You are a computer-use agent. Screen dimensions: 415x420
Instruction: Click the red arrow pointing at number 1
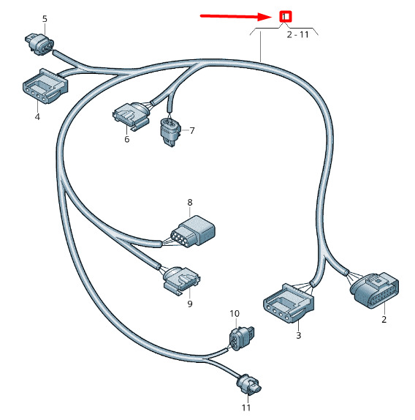click(236, 16)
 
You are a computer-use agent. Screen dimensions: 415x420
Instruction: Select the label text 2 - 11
click(297, 34)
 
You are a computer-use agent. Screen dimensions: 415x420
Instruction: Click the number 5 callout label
click(45, 19)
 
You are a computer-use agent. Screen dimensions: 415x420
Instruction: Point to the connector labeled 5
click(39, 44)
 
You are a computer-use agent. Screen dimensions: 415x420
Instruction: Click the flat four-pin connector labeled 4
click(45, 86)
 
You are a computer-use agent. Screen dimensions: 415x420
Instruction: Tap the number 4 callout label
click(37, 117)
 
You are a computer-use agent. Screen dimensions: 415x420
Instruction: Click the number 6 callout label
click(126, 139)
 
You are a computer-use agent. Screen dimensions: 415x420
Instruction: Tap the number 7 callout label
click(192, 131)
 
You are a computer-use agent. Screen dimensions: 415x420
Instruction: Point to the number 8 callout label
click(190, 203)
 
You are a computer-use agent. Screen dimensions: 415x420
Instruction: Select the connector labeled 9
click(182, 280)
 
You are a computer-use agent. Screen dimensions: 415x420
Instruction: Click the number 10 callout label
click(235, 314)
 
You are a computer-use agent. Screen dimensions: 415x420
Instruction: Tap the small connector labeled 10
click(241, 338)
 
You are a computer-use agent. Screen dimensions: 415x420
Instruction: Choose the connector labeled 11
click(248, 385)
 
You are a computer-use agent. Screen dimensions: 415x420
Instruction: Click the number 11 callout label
click(246, 408)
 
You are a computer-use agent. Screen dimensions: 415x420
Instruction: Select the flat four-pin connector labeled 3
click(289, 303)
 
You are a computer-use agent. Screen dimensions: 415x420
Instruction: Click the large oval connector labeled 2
click(375, 290)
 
